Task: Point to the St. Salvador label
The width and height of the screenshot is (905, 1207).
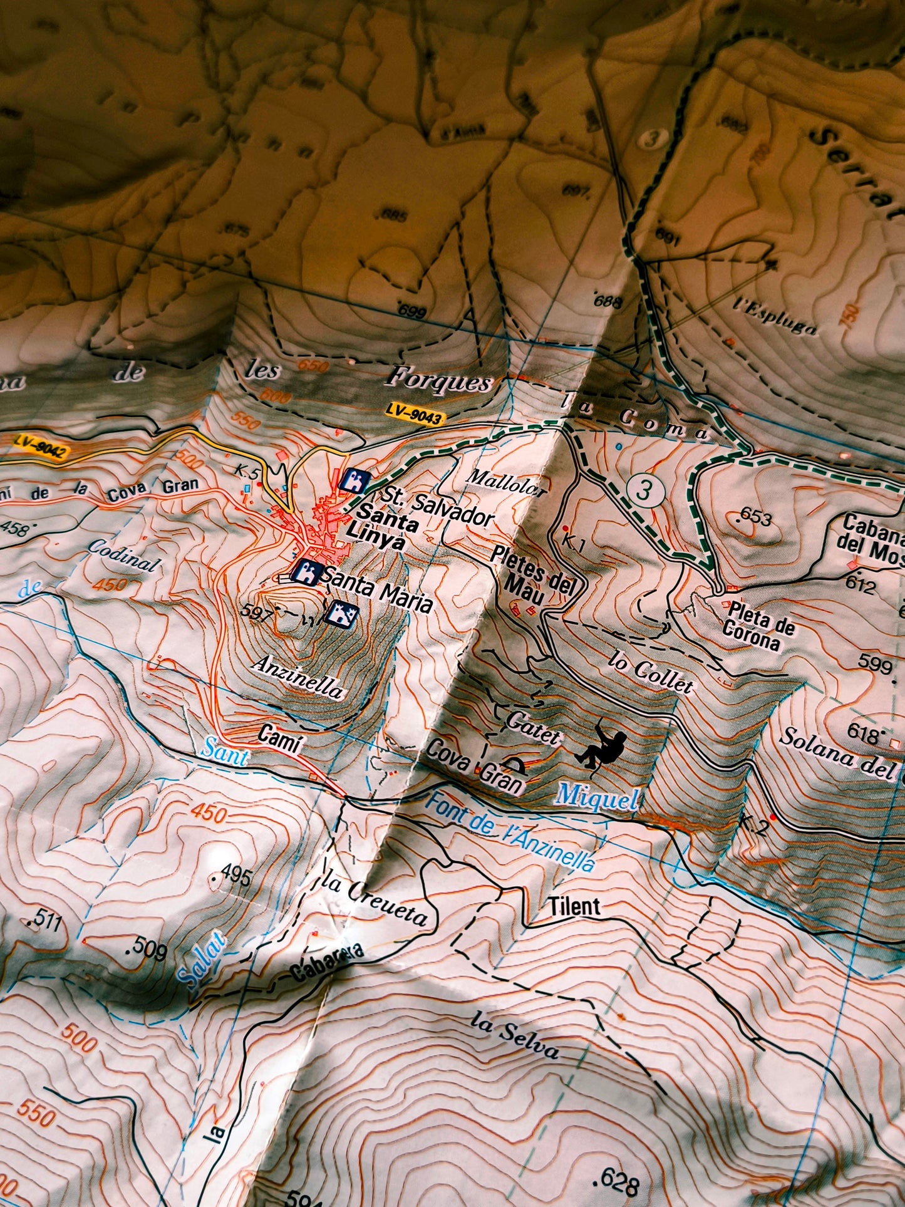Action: (x=440, y=506)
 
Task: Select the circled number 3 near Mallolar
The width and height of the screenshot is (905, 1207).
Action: (x=643, y=490)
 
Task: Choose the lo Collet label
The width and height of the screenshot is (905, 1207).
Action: (x=651, y=673)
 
